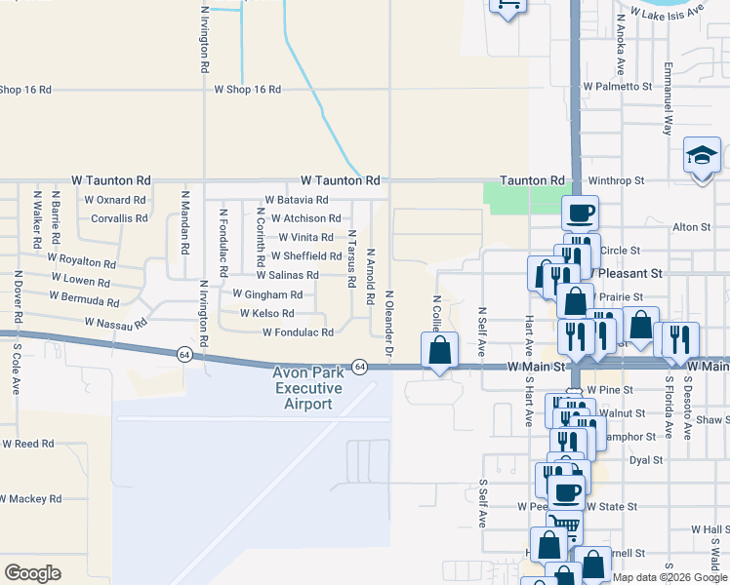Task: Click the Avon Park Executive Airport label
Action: [307, 388]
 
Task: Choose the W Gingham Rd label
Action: [267, 294]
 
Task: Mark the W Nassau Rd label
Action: [116, 322]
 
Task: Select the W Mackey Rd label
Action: [31, 499]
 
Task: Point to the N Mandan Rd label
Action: [183, 223]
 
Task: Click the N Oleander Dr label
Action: [388, 323]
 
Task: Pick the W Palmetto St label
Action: [617, 87]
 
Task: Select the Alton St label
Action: [692, 227]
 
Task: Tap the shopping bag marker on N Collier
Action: [440, 350]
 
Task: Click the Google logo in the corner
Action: [32, 573]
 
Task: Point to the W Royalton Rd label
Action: [82, 261]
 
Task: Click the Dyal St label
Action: [646, 460]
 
